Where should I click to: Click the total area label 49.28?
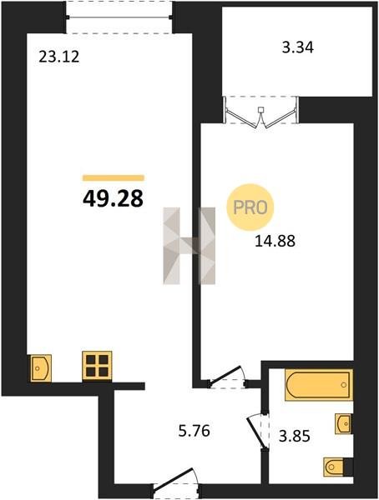tap(113, 198)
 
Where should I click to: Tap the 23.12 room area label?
tap(58, 57)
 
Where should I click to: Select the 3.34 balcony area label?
tap(297, 47)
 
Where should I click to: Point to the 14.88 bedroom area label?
tap(275, 241)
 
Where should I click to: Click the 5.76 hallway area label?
tap(195, 431)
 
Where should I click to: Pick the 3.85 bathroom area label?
tap(295, 436)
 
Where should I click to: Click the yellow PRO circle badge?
tap(250, 207)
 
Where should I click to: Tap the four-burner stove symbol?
tap(97, 366)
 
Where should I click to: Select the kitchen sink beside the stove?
tap(41, 367)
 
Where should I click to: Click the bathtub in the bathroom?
tap(319, 384)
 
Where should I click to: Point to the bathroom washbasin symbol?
tap(344, 423)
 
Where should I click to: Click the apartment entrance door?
tap(176, 482)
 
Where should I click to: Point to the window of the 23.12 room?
tap(119, 17)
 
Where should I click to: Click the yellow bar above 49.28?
tap(114, 178)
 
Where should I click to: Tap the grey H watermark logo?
tap(189, 246)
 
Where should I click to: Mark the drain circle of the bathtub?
tap(344, 385)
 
